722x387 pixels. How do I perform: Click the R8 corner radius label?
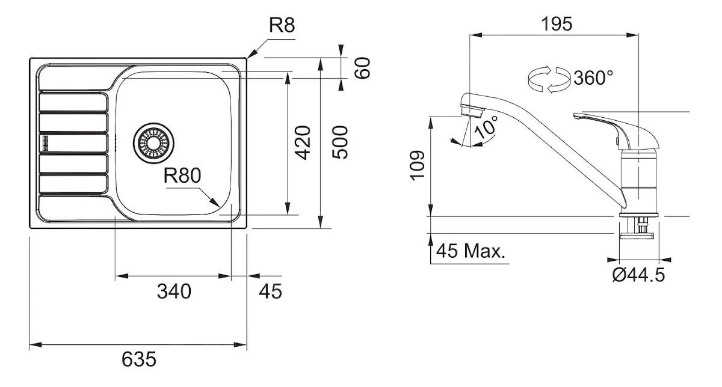point(281,26)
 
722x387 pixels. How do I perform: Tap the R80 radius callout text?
point(182,175)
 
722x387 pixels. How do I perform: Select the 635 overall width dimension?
point(139,359)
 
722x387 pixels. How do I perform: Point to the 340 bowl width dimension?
point(174,291)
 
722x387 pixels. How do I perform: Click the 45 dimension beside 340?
point(270,291)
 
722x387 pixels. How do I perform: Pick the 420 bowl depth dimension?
point(304,142)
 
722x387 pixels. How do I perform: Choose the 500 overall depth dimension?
point(340,142)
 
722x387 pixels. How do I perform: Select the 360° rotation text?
point(593,78)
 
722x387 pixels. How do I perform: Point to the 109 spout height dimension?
point(416,165)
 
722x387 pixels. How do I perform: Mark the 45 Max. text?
point(471,251)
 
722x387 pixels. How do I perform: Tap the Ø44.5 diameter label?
point(638,275)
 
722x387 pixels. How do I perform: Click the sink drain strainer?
point(152,143)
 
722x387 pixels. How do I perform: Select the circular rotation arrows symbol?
point(548,80)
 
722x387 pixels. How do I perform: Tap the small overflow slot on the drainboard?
point(44,143)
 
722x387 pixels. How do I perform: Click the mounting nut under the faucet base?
point(639,227)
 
